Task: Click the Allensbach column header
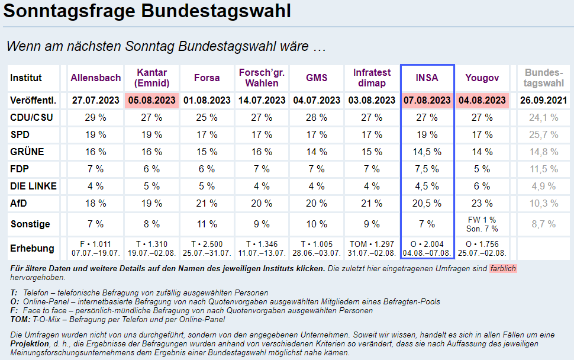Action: point(95,78)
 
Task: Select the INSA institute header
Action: point(427,78)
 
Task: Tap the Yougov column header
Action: point(482,78)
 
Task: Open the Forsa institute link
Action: point(207,78)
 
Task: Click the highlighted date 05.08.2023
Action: point(151,100)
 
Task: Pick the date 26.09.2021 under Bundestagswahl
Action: point(544,100)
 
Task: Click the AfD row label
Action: point(20,203)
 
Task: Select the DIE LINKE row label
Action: point(34,186)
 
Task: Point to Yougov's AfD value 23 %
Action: point(482,203)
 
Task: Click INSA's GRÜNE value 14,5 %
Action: point(427,152)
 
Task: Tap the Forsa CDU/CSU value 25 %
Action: point(207,117)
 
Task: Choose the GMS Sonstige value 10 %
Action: point(317,224)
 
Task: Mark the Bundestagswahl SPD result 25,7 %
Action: point(544,134)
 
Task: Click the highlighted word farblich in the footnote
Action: point(502,268)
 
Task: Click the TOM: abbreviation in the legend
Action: point(20,320)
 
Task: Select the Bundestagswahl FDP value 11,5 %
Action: point(544,169)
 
